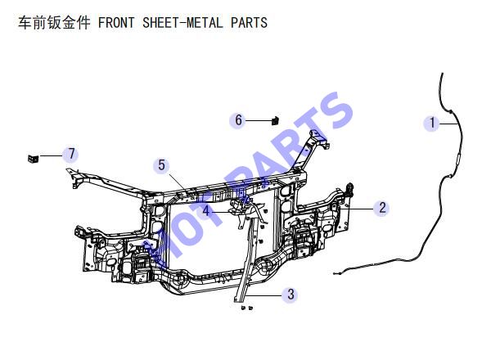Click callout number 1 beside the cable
[432, 123]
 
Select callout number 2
[382, 208]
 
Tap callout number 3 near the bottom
[291, 295]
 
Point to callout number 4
[205, 210]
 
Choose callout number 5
[161, 165]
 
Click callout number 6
[238, 120]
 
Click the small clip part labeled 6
[275, 120]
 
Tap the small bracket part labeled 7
[33, 159]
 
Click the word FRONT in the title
[116, 23]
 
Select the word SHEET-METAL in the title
[182, 23]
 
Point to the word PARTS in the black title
[250, 23]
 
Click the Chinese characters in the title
[54, 23]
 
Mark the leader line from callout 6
[259, 120]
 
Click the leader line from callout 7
[51, 155]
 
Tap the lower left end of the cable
[335, 274]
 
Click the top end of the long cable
[442, 74]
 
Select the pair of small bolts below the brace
[247, 308]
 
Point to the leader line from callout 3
[263, 295]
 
